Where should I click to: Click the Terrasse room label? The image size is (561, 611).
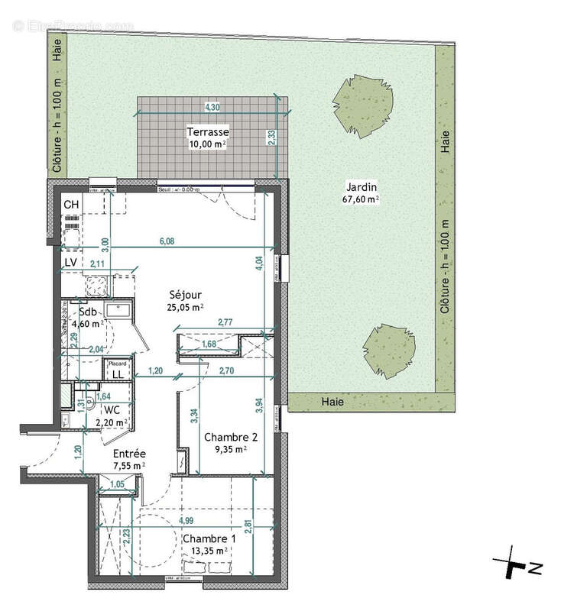coord(208,132)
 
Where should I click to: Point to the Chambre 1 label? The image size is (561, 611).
coord(208,538)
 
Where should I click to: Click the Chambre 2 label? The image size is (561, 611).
coord(230,438)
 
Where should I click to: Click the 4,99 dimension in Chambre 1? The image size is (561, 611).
coord(186,521)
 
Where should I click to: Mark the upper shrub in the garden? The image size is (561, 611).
coord(365,101)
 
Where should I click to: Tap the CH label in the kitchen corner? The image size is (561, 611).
coord(71,205)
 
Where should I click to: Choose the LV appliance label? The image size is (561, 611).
coord(70,262)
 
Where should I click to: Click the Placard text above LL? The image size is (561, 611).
coord(118,364)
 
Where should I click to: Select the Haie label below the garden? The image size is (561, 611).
coord(332,401)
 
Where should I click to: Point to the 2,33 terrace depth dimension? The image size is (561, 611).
coord(271,137)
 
